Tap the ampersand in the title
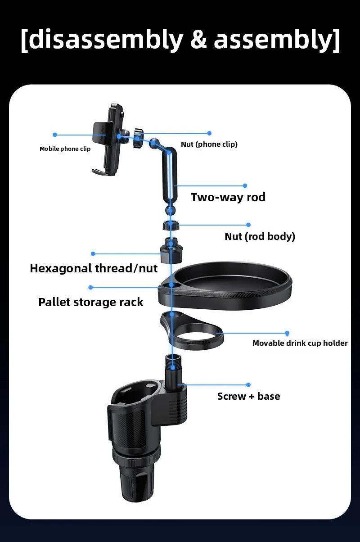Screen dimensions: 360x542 click(x=198, y=39)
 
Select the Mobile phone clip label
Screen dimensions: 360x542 click(x=65, y=149)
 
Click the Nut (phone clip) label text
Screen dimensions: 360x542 click(x=209, y=145)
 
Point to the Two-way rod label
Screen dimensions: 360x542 click(x=228, y=197)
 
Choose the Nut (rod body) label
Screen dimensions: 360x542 click(x=260, y=236)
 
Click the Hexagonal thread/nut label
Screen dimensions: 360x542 click(x=94, y=269)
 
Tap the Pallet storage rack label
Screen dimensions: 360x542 click(x=91, y=302)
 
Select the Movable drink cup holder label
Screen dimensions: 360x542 click(x=300, y=343)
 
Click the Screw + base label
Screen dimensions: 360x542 click(x=249, y=396)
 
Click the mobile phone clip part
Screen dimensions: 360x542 click(x=108, y=139)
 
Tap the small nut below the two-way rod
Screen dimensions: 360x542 click(x=171, y=226)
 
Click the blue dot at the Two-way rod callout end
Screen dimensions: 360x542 click(x=245, y=185)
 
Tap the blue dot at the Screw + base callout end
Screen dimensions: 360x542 click(x=248, y=385)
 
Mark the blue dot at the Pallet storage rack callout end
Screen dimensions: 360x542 click(x=90, y=288)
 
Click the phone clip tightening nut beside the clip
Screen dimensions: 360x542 click(x=138, y=138)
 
